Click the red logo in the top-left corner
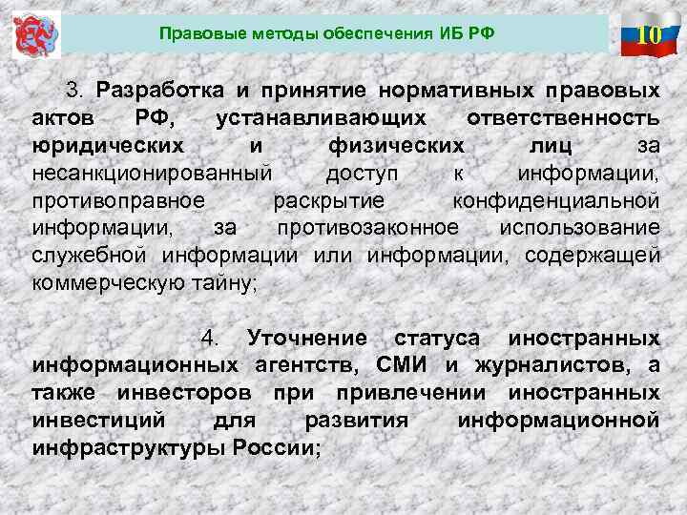pyautogui.click(x=36, y=34)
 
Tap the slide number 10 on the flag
pyautogui.click(x=649, y=36)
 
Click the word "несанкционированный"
pyautogui.click(x=152, y=174)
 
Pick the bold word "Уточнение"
pyautogui.click(x=306, y=339)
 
